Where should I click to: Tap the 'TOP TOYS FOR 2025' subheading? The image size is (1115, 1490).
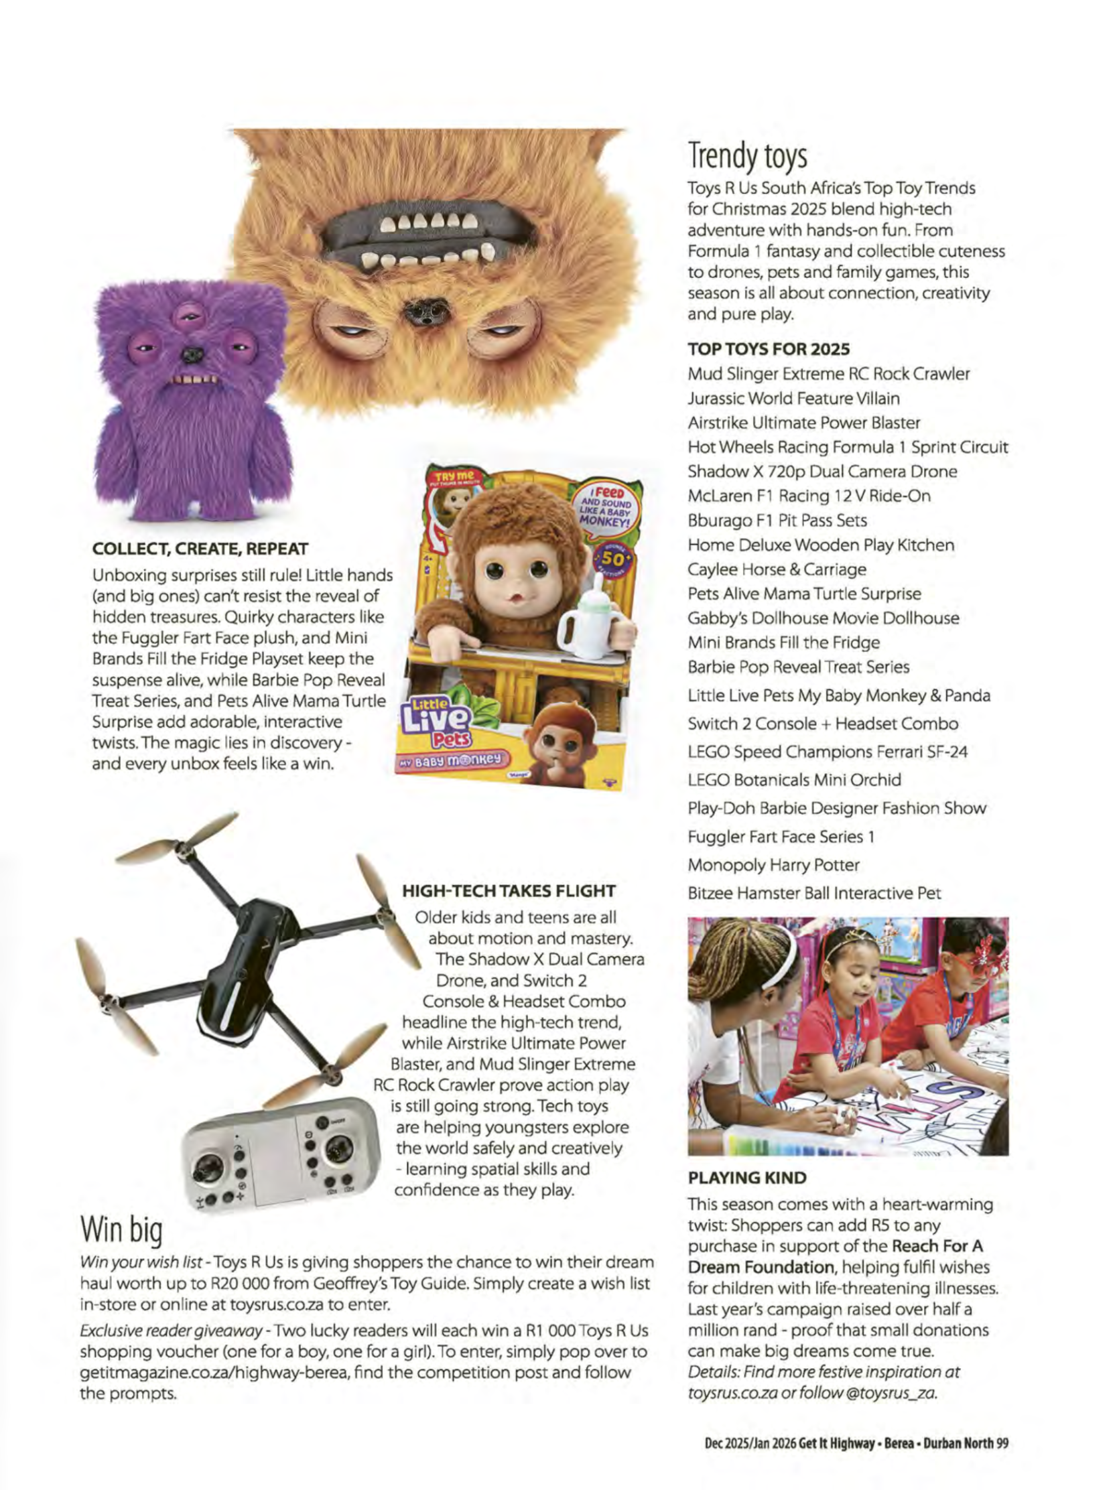click(x=768, y=349)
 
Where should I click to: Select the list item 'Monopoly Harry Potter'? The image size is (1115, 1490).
click(x=773, y=865)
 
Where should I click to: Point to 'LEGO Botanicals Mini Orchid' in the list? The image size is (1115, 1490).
click(x=793, y=780)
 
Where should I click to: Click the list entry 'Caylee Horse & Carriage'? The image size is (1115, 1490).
click(x=776, y=569)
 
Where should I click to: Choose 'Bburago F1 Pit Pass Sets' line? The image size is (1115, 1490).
click(x=777, y=521)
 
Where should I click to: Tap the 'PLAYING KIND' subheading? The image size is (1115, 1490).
click(x=746, y=1177)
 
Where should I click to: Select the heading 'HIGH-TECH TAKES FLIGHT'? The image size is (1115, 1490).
click(x=509, y=891)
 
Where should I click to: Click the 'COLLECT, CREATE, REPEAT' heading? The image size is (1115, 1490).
click(x=200, y=549)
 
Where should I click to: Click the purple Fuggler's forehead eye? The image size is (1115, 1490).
click(x=189, y=316)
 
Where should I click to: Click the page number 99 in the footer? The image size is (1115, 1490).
click(x=1002, y=1438)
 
